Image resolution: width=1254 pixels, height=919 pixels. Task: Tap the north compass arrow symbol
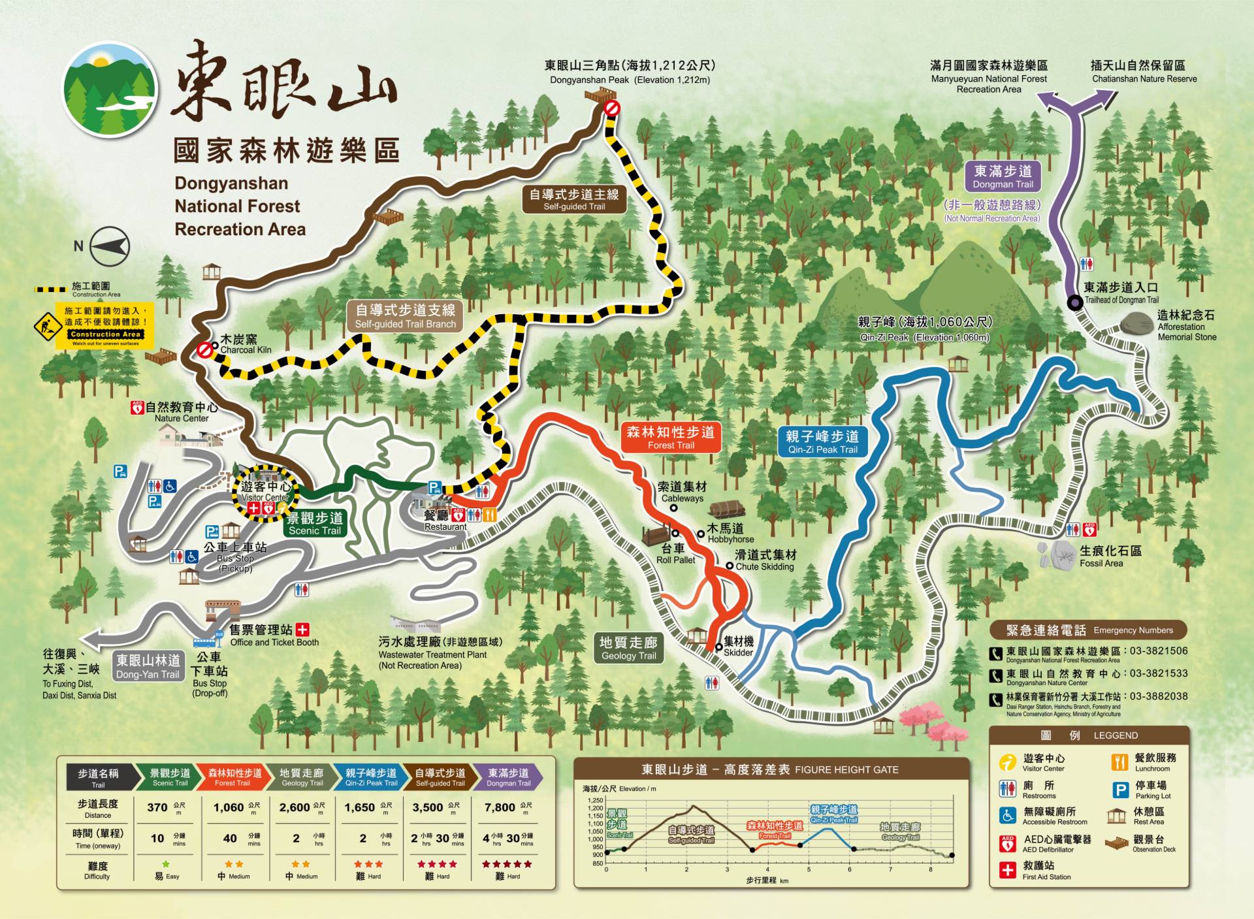pos(109,246)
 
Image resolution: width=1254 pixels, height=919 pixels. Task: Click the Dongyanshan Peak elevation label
pos(630,72)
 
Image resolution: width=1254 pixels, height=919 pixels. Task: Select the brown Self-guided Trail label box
pos(574,199)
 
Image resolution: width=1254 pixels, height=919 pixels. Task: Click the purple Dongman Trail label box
pos(1003,176)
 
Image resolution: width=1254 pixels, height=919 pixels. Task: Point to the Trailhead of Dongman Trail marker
pos(1074,302)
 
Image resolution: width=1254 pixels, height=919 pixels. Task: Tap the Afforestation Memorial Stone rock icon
pos(1137,323)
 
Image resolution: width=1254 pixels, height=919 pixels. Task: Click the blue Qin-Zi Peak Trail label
pos(822,442)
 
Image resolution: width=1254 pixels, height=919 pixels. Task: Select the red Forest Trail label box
pos(671,438)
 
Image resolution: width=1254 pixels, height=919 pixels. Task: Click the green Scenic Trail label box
pos(315,523)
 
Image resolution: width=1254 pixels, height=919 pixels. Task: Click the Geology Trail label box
pos(628,648)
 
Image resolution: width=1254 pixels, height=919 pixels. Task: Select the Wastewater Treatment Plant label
pos(440,653)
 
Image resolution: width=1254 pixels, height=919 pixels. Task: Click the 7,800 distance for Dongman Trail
pos(500,807)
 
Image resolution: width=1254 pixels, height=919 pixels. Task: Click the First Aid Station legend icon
pos(1007,870)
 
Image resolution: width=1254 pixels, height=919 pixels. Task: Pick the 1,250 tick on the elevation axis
pos(595,800)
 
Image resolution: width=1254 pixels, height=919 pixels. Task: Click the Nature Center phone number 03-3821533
pos(1159,673)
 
